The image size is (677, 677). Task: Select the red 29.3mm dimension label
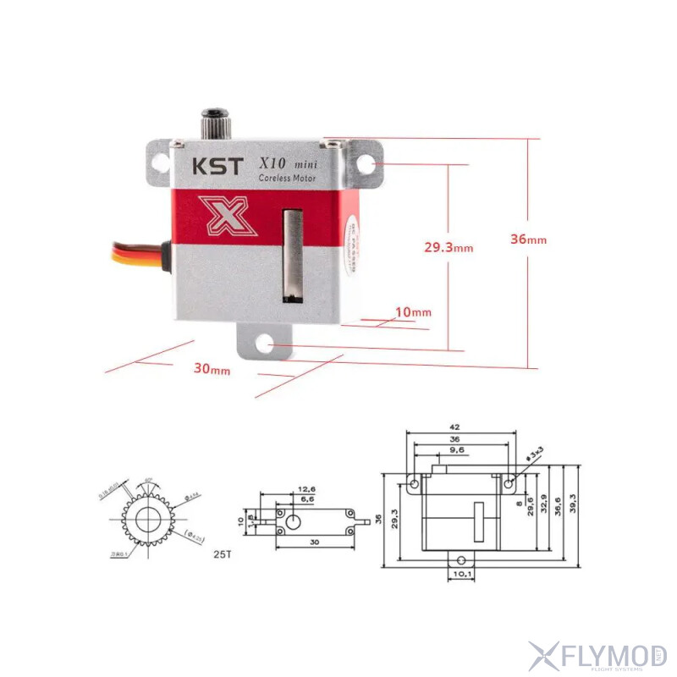[448, 247]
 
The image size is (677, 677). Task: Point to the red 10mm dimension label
[414, 312]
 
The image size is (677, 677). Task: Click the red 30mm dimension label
[212, 369]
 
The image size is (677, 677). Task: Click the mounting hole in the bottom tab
[265, 344]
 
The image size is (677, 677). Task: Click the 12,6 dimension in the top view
[305, 489]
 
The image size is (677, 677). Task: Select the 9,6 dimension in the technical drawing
[457, 451]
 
